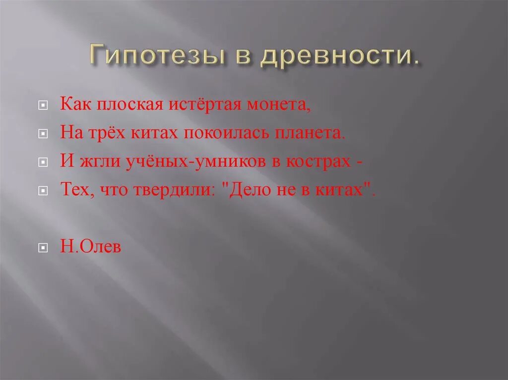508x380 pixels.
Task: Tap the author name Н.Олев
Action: (x=91, y=246)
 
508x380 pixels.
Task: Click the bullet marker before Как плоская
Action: (x=43, y=106)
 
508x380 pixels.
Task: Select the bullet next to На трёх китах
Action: (x=43, y=134)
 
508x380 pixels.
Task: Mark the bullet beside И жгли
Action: (x=43, y=163)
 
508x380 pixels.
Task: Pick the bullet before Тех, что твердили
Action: (x=43, y=191)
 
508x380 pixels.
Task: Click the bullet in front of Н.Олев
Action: (x=43, y=247)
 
